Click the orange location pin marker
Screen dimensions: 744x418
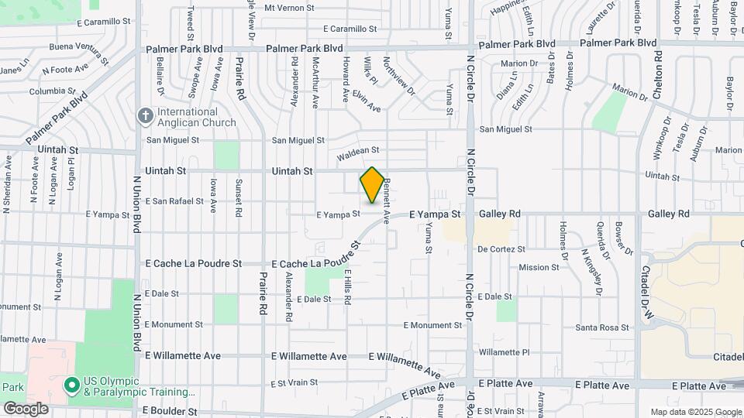pyautogui.click(x=372, y=185)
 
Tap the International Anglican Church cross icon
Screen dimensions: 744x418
pyautogui.click(x=145, y=116)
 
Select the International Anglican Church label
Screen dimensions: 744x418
pyautogui.click(x=197, y=117)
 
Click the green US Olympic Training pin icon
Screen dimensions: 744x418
pyautogui.click(x=72, y=385)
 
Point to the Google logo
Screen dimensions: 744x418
pyautogui.click(x=26, y=409)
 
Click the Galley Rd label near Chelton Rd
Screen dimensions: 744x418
pyautogui.click(x=669, y=214)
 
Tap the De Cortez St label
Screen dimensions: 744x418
pyautogui.click(x=501, y=249)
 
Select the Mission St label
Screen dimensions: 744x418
pyautogui.click(x=539, y=268)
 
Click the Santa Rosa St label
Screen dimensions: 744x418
pyautogui.click(x=601, y=328)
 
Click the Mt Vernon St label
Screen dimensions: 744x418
pyautogui.click(x=289, y=8)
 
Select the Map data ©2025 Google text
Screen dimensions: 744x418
pyautogui.click(x=694, y=412)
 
